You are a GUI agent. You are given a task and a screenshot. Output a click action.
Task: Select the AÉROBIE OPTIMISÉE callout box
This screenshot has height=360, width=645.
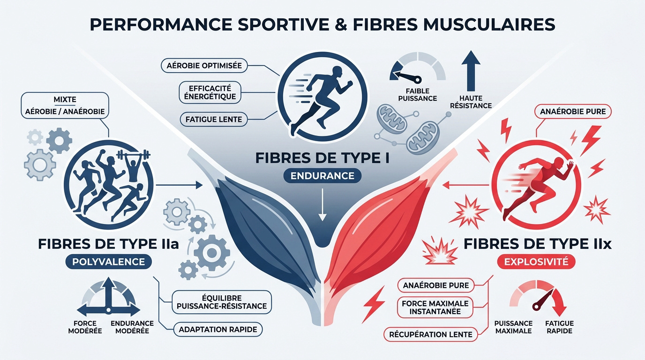(204, 66)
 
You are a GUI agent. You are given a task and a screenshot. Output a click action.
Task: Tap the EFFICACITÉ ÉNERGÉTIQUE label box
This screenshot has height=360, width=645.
(210, 92)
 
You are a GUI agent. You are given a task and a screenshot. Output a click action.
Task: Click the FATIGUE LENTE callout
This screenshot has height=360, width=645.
(214, 119)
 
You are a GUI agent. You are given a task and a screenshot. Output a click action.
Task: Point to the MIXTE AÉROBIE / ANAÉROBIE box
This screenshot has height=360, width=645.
(65, 105)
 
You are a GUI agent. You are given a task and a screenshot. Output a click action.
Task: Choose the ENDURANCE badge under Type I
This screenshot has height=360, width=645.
(322, 176)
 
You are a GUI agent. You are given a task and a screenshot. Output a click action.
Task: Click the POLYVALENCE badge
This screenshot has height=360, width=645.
(109, 262)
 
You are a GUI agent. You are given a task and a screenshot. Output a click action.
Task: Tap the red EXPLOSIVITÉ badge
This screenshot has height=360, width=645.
(536, 262)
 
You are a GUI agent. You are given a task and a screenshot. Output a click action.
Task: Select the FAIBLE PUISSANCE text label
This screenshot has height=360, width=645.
(418, 95)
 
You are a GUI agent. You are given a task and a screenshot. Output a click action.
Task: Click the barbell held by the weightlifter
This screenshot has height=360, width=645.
(133, 155)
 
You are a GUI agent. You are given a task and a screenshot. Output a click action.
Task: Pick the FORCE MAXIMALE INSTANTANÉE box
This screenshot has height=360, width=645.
(435, 307)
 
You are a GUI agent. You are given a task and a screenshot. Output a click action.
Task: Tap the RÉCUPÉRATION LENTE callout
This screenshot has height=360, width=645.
(431, 334)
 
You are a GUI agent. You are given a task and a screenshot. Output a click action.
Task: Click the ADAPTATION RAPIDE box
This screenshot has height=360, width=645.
(218, 329)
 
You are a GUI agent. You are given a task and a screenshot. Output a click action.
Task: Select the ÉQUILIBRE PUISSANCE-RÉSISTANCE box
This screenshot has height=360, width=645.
(222, 302)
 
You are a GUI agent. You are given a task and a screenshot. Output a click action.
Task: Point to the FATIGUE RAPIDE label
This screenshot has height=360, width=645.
(560, 327)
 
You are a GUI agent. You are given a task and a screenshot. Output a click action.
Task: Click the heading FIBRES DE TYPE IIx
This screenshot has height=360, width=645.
(537, 244)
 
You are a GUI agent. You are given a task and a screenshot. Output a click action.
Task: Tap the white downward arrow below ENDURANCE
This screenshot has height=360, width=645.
(322, 205)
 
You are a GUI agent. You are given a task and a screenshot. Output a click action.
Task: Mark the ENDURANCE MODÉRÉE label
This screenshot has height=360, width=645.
(132, 327)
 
